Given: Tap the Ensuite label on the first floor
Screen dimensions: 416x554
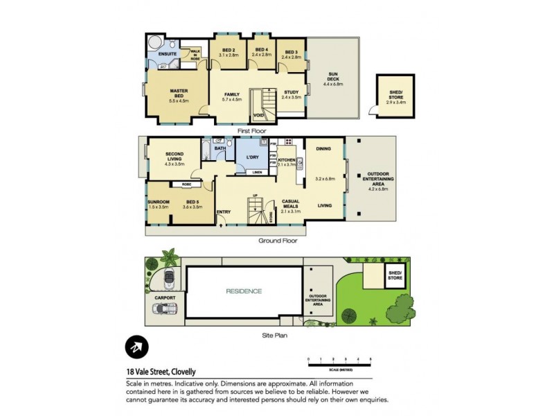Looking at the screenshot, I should tap(166, 53).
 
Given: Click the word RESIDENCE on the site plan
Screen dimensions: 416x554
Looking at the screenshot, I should tap(244, 291).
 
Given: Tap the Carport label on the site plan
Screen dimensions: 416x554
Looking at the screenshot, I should tap(166, 298).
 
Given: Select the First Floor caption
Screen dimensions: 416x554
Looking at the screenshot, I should tap(252, 130).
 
